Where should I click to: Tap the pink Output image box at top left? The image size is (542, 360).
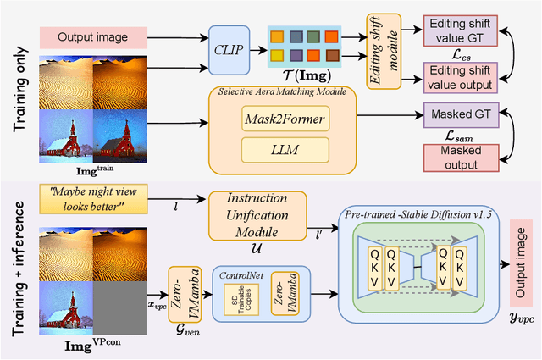click(x=92, y=37)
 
